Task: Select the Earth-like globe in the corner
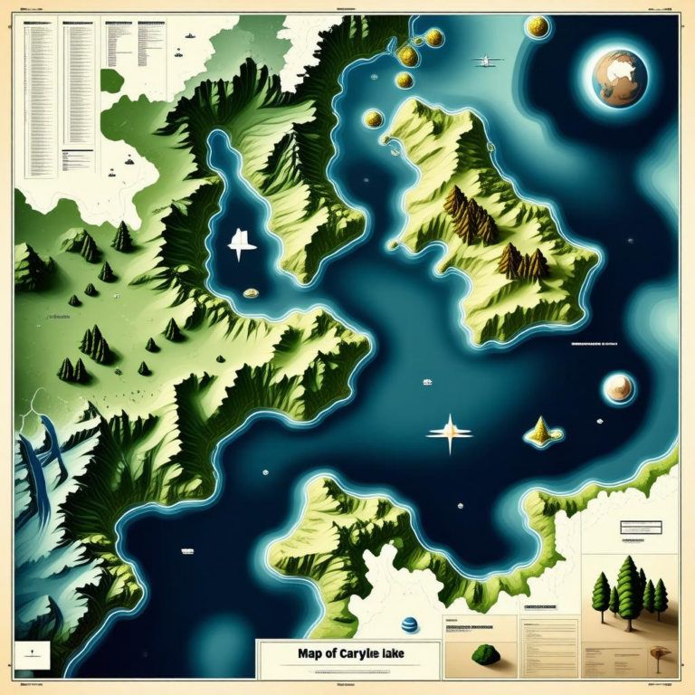[x=620, y=75]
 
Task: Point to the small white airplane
[x=487, y=61]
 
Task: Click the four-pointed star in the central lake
[x=450, y=433]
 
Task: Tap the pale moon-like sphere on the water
[x=619, y=387]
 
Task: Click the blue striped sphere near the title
[x=409, y=625]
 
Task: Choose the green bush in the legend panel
[x=485, y=653]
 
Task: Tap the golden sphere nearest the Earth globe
[x=538, y=26]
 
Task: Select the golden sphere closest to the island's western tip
[x=372, y=119]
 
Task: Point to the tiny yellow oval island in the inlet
[x=252, y=293]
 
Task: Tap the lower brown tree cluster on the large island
[x=523, y=262]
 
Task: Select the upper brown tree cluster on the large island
[x=470, y=215]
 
